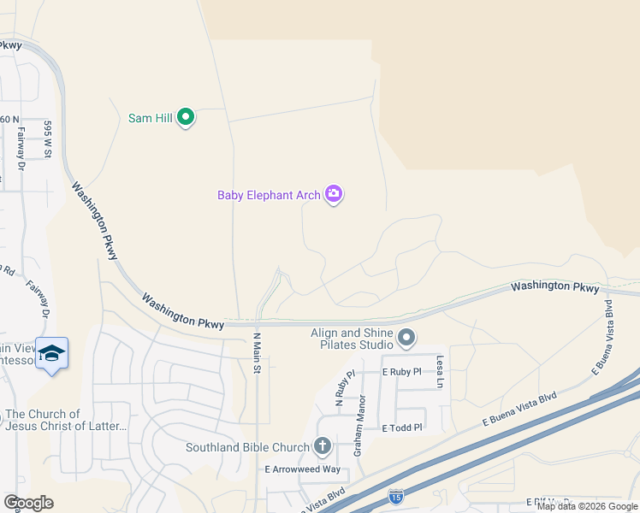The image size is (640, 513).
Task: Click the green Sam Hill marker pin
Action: click(x=186, y=118)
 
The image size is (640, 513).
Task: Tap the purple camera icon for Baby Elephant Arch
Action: click(x=334, y=195)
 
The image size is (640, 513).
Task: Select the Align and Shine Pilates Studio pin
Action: click(x=406, y=340)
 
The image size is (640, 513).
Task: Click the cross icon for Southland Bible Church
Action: click(x=322, y=445)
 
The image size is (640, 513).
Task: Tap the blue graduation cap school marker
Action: click(x=52, y=355)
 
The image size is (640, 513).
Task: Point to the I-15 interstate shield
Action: click(x=395, y=496)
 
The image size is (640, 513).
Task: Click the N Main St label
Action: click(x=255, y=352)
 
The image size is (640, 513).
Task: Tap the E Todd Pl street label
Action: click(x=402, y=427)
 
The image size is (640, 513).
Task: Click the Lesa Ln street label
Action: click(x=440, y=372)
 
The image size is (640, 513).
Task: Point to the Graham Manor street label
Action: click(x=361, y=423)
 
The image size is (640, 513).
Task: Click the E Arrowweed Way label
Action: click(x=302, y=469)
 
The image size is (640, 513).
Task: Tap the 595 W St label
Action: click(x=49, y=139)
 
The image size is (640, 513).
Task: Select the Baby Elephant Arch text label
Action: click(x=269, y=195)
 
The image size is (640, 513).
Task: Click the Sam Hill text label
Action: click(x=151, y=118)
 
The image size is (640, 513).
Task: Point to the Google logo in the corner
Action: click(x=28, y=502)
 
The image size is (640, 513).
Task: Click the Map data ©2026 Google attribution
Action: click(x=587, y=506)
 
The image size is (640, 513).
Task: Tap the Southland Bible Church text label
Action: click(x=248, y=447)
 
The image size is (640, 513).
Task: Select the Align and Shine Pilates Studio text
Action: click(x=353, y=339)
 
